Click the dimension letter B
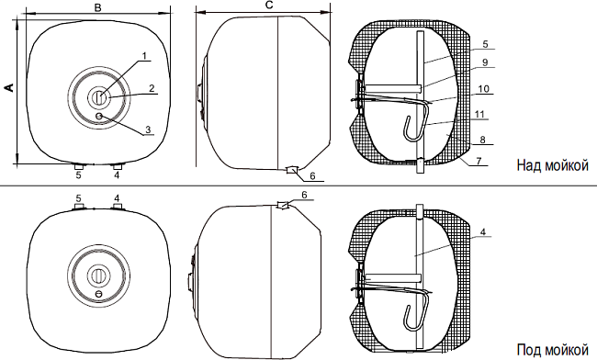coord(98,7)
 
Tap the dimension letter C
coord(269,5)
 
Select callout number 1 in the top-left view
coord(144,56)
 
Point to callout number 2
coord(152,88)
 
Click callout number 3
coord(148,129)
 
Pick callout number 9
coord(485,62)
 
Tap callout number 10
coord(483,89)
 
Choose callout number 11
coord(479,114)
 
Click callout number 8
coord(482,140)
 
